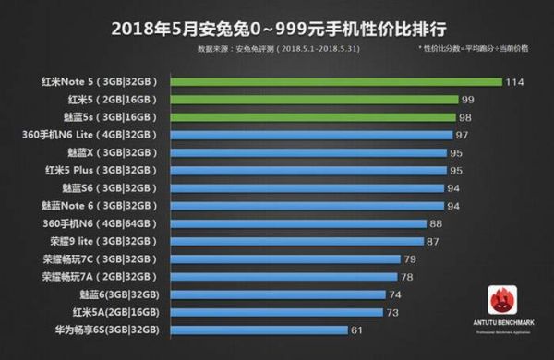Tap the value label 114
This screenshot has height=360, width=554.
click(515, 81)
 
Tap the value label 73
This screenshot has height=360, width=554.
click(393, 311)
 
